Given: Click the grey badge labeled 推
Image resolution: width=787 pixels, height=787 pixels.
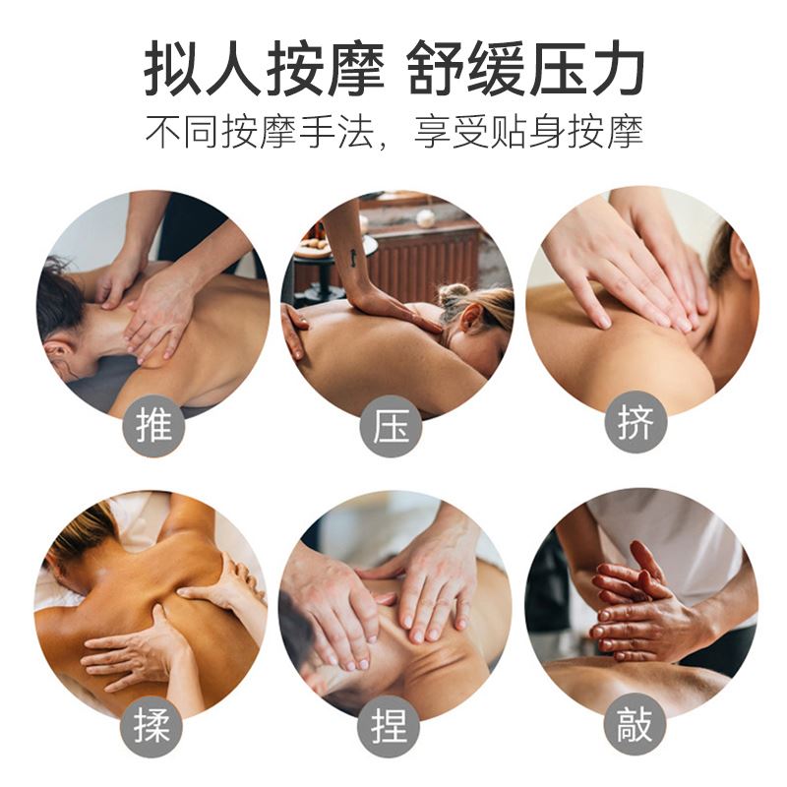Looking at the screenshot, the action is pyautogui.click(x=154, y=426).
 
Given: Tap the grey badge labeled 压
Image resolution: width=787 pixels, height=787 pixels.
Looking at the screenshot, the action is pyautogui.click(x=391, y=426).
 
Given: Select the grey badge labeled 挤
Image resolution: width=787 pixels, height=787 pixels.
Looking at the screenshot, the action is pyautogui.click(x=636, y=422).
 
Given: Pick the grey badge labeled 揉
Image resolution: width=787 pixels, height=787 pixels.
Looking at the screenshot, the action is pyautogui.click(x=151, y=726).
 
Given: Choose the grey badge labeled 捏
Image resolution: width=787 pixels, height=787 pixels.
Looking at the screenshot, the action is pyautogui.click(x=389, y=726).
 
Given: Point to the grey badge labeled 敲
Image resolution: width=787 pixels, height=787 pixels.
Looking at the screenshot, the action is pyautogui.click(x=635, y=724).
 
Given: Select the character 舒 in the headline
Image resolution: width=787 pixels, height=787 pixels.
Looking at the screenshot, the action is pyautogui.click(x=435, y=68).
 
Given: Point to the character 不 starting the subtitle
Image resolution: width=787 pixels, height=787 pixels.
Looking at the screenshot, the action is pyautogui.click(x=163, y=132).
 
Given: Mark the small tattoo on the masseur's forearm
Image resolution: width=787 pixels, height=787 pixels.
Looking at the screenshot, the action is pyautogui.click(x=354, y=257).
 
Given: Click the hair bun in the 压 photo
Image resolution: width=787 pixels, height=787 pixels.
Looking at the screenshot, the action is pyautogui.click(x=450, y=294).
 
